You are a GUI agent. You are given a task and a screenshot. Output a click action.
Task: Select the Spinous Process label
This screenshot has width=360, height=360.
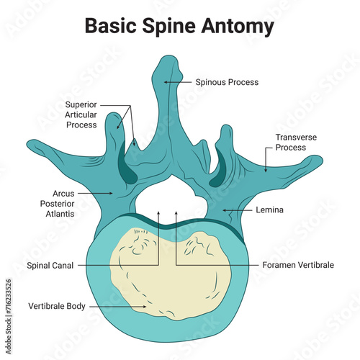click(x=227, y=82)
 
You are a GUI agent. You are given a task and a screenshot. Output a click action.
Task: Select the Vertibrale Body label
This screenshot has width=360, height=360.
click(x=57, y=306)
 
